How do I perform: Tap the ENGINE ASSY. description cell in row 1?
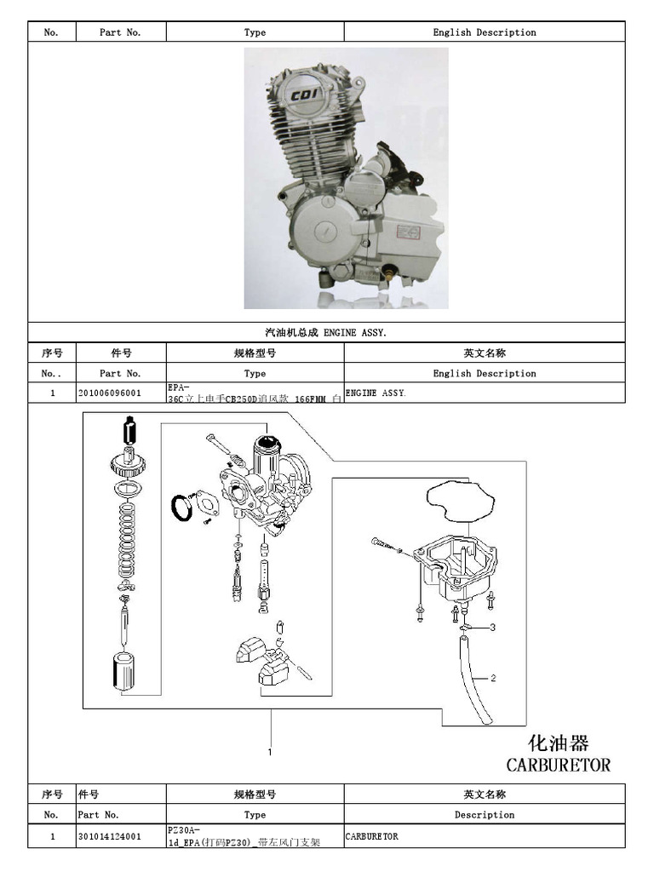pos(376,393)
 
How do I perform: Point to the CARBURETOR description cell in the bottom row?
pos(372,836)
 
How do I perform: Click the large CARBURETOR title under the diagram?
pos(558,764)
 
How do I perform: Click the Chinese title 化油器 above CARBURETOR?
pos(559,742)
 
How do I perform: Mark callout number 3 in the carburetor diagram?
pos(492,628)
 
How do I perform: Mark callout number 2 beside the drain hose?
pos(492,679)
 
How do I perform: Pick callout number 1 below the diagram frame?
pos(270,751)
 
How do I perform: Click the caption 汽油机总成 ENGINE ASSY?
pos(327,332)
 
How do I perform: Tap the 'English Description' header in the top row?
pos(485,32)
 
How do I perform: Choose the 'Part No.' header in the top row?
pos(120,32)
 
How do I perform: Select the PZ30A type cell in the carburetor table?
pos(255,836)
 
